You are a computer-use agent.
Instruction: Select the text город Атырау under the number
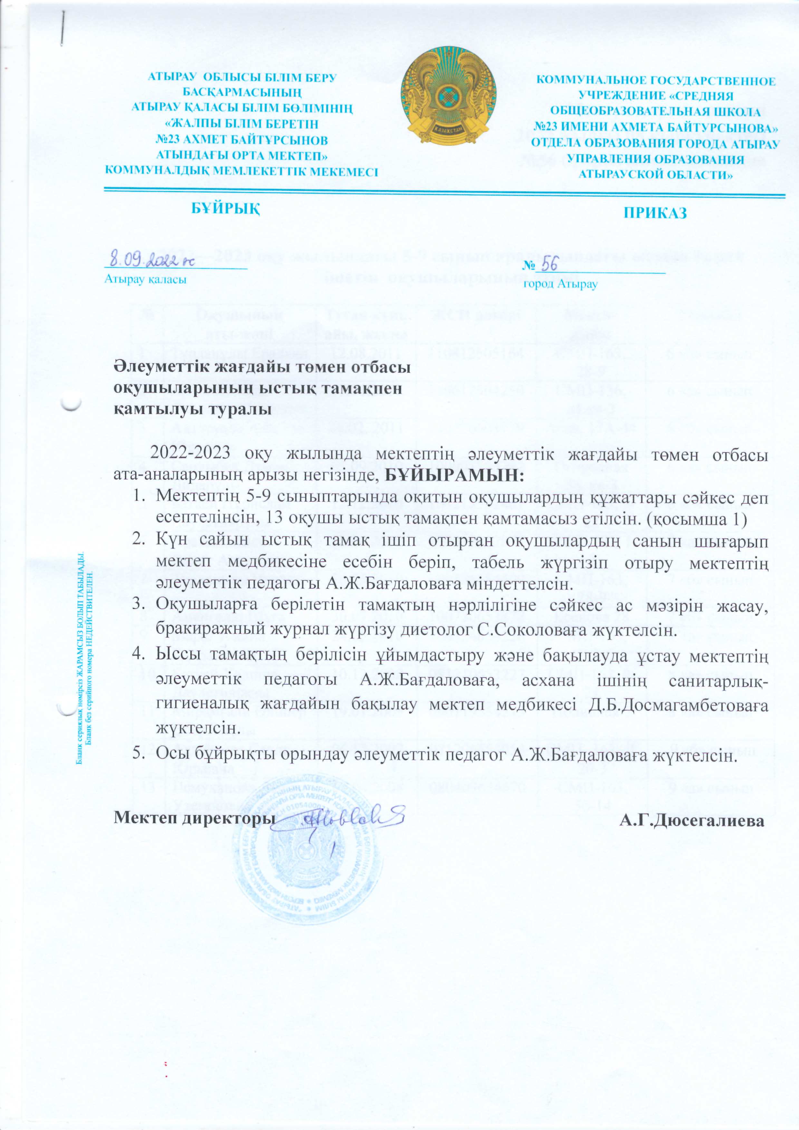[560, 285]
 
